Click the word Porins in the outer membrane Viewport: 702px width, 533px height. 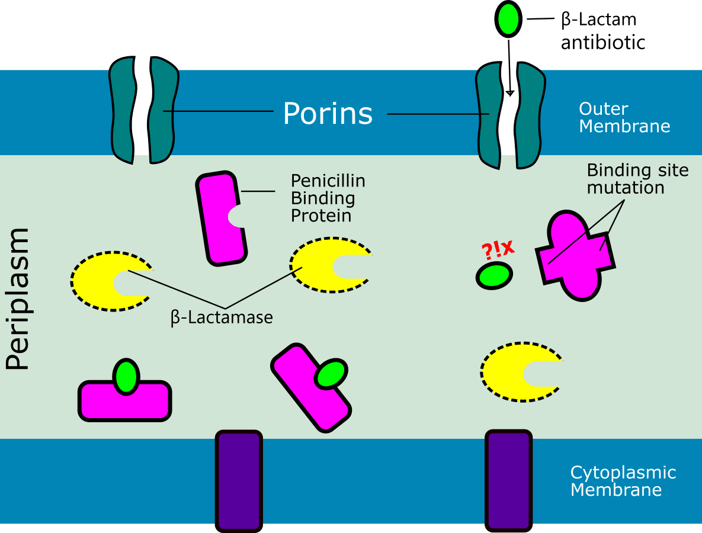pyautogui.click(x=328, y=113)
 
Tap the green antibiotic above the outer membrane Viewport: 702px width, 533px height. pyautogui.click(x=507, y=19)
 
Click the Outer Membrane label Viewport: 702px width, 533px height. pyautogui.click(x=624, y=117)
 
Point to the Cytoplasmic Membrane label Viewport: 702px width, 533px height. pyautogui.click(x=623, y=481)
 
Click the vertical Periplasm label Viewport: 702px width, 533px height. pyautogui.click(x=18, y=299)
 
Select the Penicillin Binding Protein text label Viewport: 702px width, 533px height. pyautogui.click(x=328, y=198)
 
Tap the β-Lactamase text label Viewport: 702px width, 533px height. pyautogui.click(x=222, y=318)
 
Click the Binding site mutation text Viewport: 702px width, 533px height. pyautogui.click(x=637, y=179)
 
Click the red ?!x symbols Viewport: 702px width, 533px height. pyautogui.click(x=495, y=250)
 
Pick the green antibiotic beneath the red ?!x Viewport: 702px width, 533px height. pyautogui.click(x=493, y=276)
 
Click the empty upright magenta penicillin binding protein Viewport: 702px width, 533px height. pyautogui.click(x=220, y=218)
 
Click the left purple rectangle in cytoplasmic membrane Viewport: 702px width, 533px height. pyautogui.click(x=239, y=481)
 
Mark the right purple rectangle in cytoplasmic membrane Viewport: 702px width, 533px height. pyautogui.click(x=508, y=481)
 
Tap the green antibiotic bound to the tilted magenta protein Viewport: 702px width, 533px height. pyautogui.click(x=331, y=374)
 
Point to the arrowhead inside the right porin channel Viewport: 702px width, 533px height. pyautogui.click(x=509, y=92)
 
